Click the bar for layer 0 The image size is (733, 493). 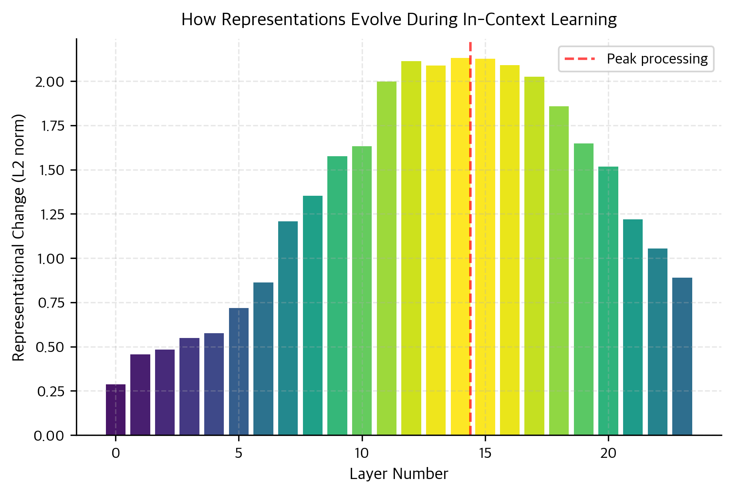click(x=116, y=410)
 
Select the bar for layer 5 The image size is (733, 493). click(x=239, y=372)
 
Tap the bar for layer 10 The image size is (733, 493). click(x=362, y=290)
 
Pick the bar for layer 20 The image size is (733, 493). click(x=608, y=300)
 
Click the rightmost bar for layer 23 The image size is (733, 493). click(x=682, y=356)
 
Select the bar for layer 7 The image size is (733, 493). click(x=288, y=328)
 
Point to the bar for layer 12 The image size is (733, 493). click(x=411, y=248)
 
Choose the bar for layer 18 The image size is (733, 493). click(x=559, y=270)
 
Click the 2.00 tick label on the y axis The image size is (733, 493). click(x=50, y=82)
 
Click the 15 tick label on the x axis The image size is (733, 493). click(x=485, y=453)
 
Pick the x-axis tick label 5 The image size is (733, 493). click(x=239, y=453)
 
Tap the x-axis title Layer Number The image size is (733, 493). click(x=398, y=474)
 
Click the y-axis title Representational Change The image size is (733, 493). click(x=18, y=237)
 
